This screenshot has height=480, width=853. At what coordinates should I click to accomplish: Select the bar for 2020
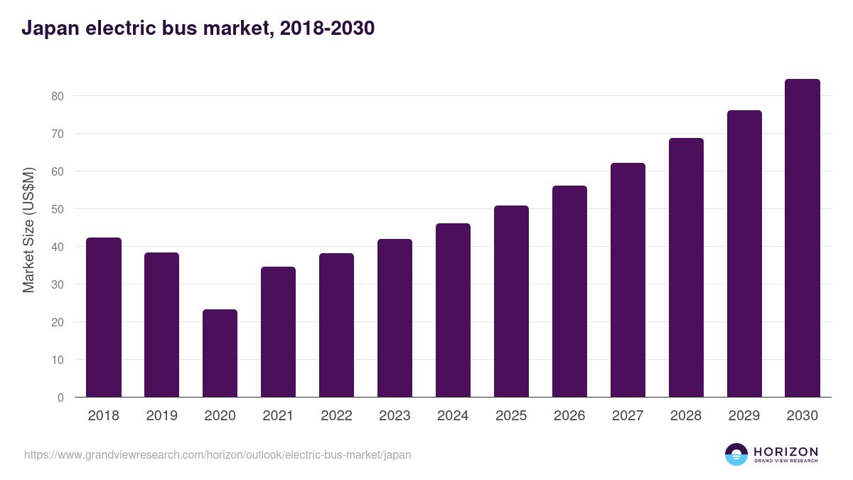click(220, 353)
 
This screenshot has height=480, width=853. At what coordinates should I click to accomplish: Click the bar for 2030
click(803, 238)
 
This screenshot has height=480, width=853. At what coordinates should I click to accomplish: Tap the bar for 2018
click(104, 317)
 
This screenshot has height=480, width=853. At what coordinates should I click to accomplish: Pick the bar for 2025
click(511, 302)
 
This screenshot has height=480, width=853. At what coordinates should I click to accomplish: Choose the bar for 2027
click(628, 280)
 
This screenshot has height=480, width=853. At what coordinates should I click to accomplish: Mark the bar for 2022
click(336, 325)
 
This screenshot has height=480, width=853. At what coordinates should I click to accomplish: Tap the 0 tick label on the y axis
click(60, 398)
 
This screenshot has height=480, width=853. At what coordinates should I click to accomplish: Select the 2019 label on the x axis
click(161, 416)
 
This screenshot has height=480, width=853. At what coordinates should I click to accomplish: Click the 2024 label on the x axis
click(453, 416)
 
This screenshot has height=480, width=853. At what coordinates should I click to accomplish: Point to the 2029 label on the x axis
click(744, 416)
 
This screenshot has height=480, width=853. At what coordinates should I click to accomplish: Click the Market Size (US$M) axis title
click(29, 230)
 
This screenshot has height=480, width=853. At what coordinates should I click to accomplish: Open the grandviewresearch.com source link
click(218, 454)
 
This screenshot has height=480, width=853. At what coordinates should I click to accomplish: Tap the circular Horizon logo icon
click(736, 454)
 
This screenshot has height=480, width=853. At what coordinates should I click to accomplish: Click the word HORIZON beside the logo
click(785, 452)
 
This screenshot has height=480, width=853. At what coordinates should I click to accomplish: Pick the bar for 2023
click(395, 318)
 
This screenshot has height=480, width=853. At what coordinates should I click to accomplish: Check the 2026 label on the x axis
click(569, 416)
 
